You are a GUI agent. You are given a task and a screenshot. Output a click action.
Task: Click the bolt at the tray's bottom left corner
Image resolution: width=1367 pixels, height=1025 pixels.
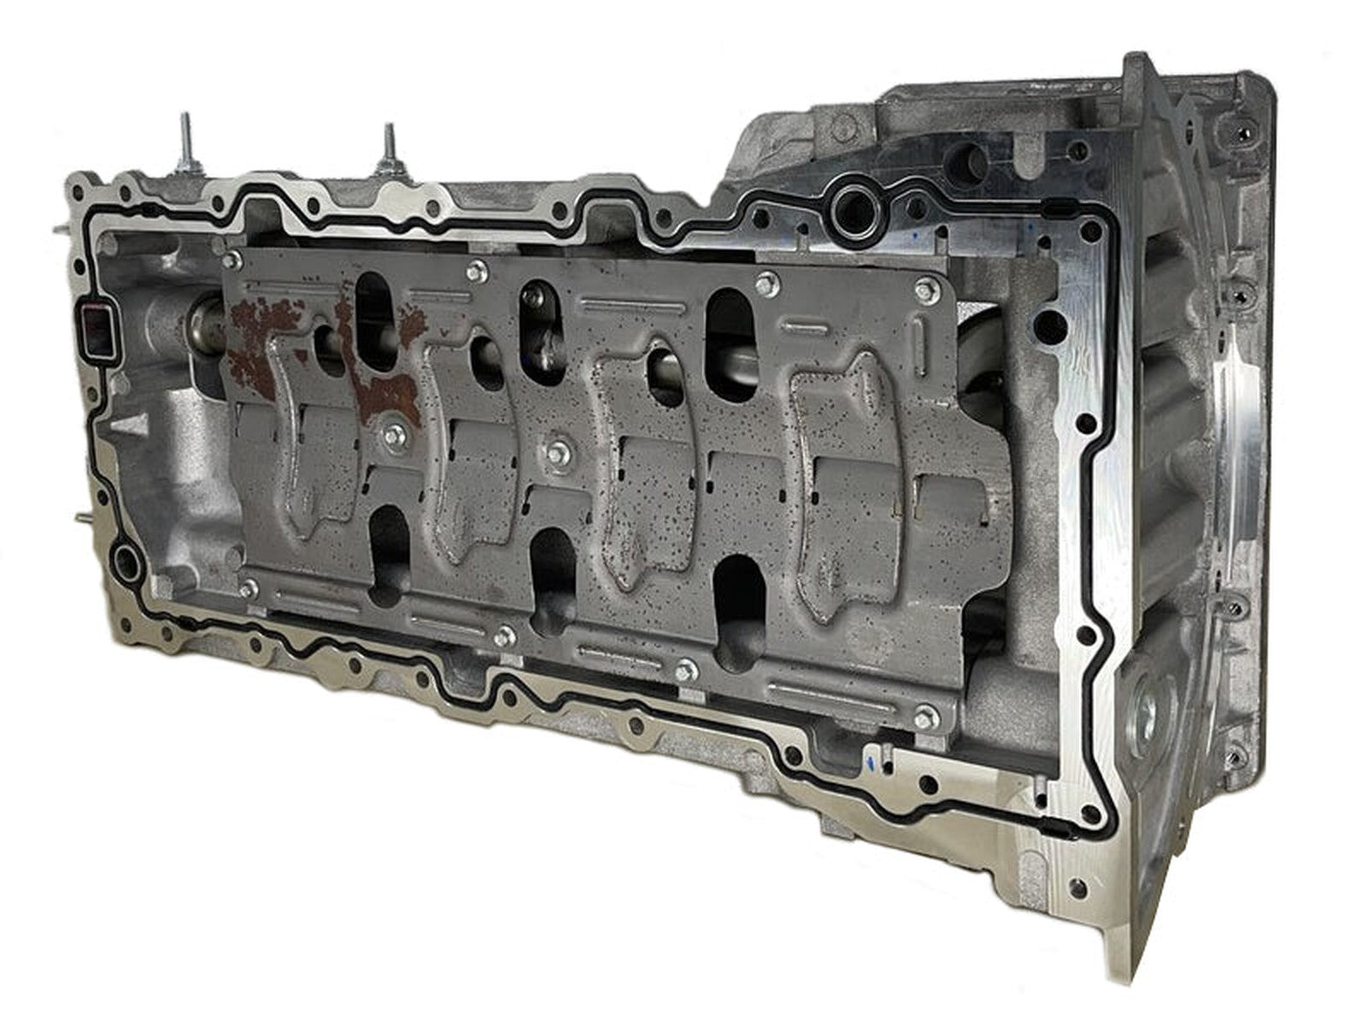point(249,588)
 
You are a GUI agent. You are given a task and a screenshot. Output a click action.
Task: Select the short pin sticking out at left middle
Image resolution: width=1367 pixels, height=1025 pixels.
point(84,516)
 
